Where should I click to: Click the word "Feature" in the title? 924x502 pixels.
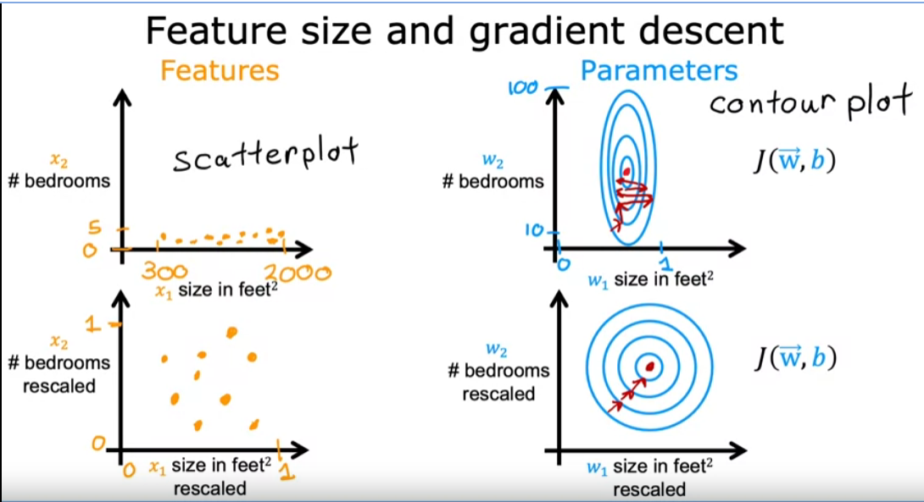(218, 30)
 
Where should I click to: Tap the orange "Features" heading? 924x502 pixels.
(220, 71)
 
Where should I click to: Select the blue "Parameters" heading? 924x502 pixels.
(659, 71)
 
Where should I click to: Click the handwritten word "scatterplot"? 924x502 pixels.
(266, 154)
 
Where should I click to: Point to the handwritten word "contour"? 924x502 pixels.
(772, 103)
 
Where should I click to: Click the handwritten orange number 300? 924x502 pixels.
(164, 271)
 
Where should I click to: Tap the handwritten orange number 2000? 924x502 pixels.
(298, 273)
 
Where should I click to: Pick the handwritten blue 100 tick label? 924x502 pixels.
(523, 88)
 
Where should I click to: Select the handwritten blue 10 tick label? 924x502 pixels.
(534, 230)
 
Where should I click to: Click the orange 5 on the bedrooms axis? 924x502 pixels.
(95, 228)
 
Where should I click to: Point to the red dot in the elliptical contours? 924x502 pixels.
(626, 172)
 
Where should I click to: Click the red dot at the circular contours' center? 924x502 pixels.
(650, 367)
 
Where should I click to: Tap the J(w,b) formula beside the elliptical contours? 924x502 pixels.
(795, 161)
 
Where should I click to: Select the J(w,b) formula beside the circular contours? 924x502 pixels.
(795, 357)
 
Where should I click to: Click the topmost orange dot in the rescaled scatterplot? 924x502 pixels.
(231, 333)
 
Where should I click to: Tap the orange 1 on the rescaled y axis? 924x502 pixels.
(92, 323)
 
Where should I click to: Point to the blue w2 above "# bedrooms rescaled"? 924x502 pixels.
(496, 350)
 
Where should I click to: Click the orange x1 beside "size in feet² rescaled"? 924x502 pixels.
(158, 468)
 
